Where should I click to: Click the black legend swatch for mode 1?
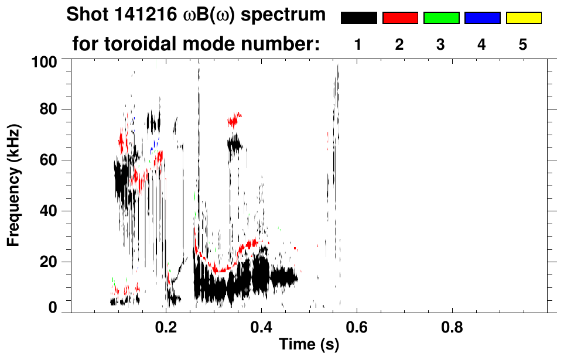pyautogui.click(x=358, y=18)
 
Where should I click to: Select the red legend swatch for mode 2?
pyautogui.click(x=400, y=18)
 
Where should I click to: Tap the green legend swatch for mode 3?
pyautogui.click(x=441, y=18)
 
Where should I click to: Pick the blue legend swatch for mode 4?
pyautogui.click(x=482, y=18)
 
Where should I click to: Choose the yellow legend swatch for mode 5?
pyautogui.click(x=524, y=18)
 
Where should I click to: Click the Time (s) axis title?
pyautogui.click(x=308, y=345)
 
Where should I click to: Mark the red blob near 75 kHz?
pyautogui.click(x=234, y=120)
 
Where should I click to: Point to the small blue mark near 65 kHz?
pyautogui.click(x=155, y=143)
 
